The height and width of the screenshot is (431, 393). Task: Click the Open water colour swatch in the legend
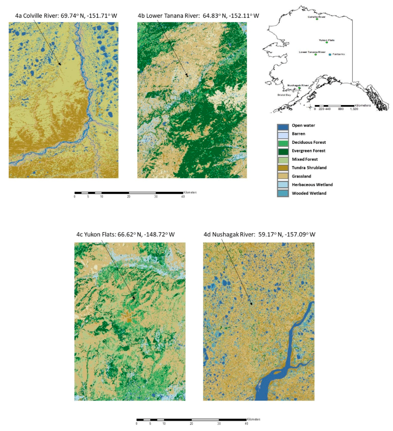(x=283, y=126)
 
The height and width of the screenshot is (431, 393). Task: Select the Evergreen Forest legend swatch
(x=283, y=152)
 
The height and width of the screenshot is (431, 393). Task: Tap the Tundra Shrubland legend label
(x=309, y=168)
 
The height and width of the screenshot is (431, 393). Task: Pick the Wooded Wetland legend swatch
(x=283, y=193)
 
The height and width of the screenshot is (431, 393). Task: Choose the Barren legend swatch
(x=283, y=135)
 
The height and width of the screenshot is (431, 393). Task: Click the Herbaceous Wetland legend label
(x=312, y=185)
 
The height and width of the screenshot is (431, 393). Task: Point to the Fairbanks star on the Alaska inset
(x=330, y=55)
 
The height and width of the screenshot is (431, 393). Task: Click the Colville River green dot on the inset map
(x=317, y=19)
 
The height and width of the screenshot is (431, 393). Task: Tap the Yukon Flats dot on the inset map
(x=327, y=42)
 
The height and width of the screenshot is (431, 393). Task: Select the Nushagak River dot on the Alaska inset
(x=299, y=88)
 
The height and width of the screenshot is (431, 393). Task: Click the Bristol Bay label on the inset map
(x=284, y=95)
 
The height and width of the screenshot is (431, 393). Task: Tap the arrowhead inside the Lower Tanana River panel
(x=187, y=76)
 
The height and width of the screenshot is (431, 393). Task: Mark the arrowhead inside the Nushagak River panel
(x=251, y=304)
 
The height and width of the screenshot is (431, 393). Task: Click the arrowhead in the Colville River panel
(x=60, y=64)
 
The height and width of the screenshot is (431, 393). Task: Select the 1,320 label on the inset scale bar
(x=354, y=109)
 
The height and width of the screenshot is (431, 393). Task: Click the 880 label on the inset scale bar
(x=341, y=109)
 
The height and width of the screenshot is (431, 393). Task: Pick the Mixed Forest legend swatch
(x=283, y=160)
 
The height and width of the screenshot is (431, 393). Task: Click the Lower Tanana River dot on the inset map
(x=315, y=55)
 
